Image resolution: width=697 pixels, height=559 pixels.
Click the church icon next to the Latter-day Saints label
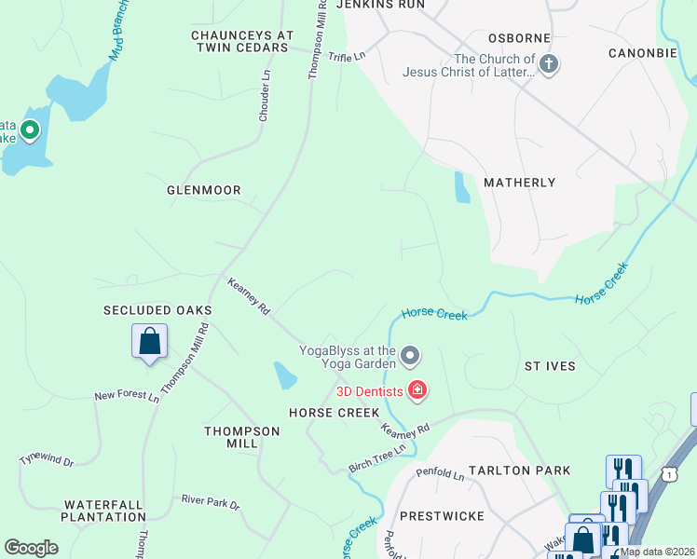point(549,65)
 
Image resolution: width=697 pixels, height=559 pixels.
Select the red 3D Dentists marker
point(417,389)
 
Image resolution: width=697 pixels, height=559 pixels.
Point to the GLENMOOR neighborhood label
point(203,190)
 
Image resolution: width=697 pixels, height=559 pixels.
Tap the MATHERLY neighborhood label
point(519,183)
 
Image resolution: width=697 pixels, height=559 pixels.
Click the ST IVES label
point(550,366)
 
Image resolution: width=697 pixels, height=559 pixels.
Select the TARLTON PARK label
point(519,470)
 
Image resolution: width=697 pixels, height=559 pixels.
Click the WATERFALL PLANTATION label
point(103,511)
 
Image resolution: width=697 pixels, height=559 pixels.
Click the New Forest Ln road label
point(127,396)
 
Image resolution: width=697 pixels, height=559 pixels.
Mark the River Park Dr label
point(211,503)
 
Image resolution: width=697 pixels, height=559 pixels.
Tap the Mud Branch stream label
point(117,37)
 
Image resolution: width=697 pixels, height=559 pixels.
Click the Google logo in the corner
point(31,548)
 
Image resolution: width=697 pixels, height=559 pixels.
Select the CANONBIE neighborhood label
point(642,53)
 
